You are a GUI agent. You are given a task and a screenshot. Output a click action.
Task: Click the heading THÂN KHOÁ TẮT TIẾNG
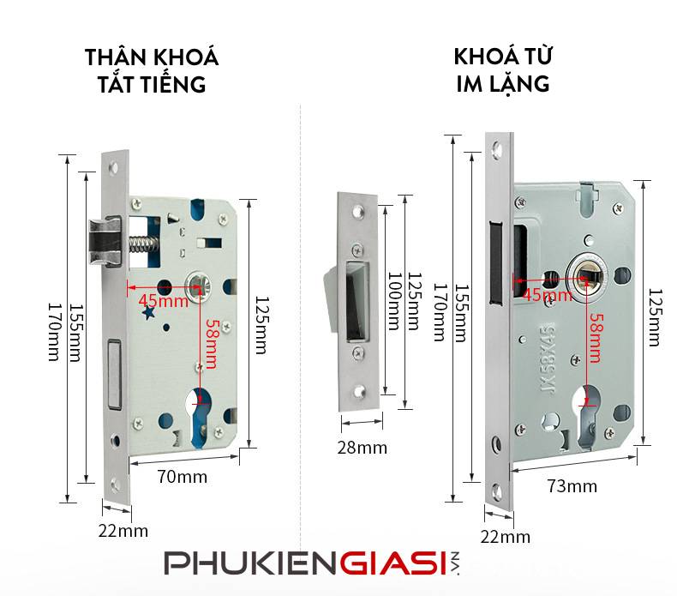pyautogui.click(x=152, y=71)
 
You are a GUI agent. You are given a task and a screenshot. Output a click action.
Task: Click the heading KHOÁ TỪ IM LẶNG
pyautogui.click(x=502, y=71)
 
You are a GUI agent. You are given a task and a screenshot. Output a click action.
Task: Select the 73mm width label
pyautogui.click(x=572, y=486)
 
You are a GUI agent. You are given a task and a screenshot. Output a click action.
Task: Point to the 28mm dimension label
pyautogui.click(x=361, y=448)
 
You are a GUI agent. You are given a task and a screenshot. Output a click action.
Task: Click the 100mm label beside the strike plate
pyautogui.click(x=392, y=301)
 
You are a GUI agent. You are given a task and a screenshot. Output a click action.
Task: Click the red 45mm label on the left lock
pyautogui.click(x=162, y=301)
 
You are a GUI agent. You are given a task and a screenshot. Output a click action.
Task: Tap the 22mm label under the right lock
pyautogui.click(x=506, y=537)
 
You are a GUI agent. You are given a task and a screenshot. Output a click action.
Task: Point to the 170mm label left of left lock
pyautogui.click(x=53, y=331)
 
